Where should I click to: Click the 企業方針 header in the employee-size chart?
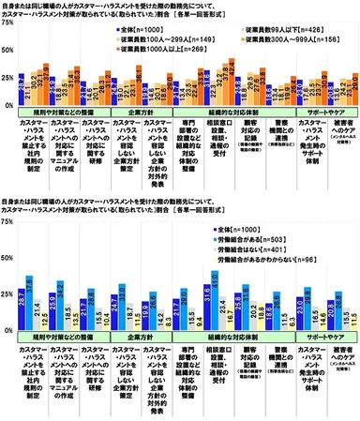(x=137, y=112)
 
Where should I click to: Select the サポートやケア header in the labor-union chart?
(x=319, y=331)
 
